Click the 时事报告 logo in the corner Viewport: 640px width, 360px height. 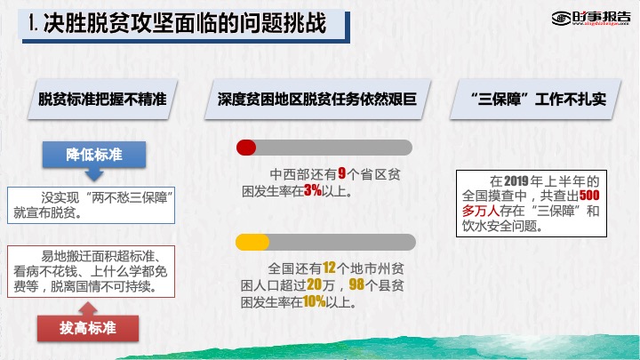click(591, 18)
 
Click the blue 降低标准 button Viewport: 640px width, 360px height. click(94, 155)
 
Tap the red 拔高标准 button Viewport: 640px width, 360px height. click(88, 328)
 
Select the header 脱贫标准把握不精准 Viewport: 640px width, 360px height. click(102, 100)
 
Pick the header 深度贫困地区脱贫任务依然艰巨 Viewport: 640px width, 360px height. click(317, 100)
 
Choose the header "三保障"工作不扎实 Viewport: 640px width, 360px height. click(535, 100)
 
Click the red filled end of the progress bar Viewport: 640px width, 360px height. click(246, 148)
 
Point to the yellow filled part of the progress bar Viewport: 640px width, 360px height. click(252, 242)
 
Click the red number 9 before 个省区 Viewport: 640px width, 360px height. click(342, 173)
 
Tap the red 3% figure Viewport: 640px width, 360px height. click(313, 190)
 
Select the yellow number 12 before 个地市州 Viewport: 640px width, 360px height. click(329, 268)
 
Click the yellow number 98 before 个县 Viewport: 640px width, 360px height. click(356, 284)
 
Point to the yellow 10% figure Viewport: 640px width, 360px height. click(315, 301)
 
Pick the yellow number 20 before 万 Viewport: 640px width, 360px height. click(314, 284)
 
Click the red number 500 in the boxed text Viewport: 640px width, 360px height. click(589, 195)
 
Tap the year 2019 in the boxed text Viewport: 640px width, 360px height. click(516, 180)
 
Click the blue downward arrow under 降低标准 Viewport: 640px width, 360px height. click(94, 174)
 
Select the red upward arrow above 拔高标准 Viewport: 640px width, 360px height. click(88, 308)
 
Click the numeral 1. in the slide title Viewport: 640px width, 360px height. click(33, 23)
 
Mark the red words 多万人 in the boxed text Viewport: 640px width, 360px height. click(480, 211)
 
